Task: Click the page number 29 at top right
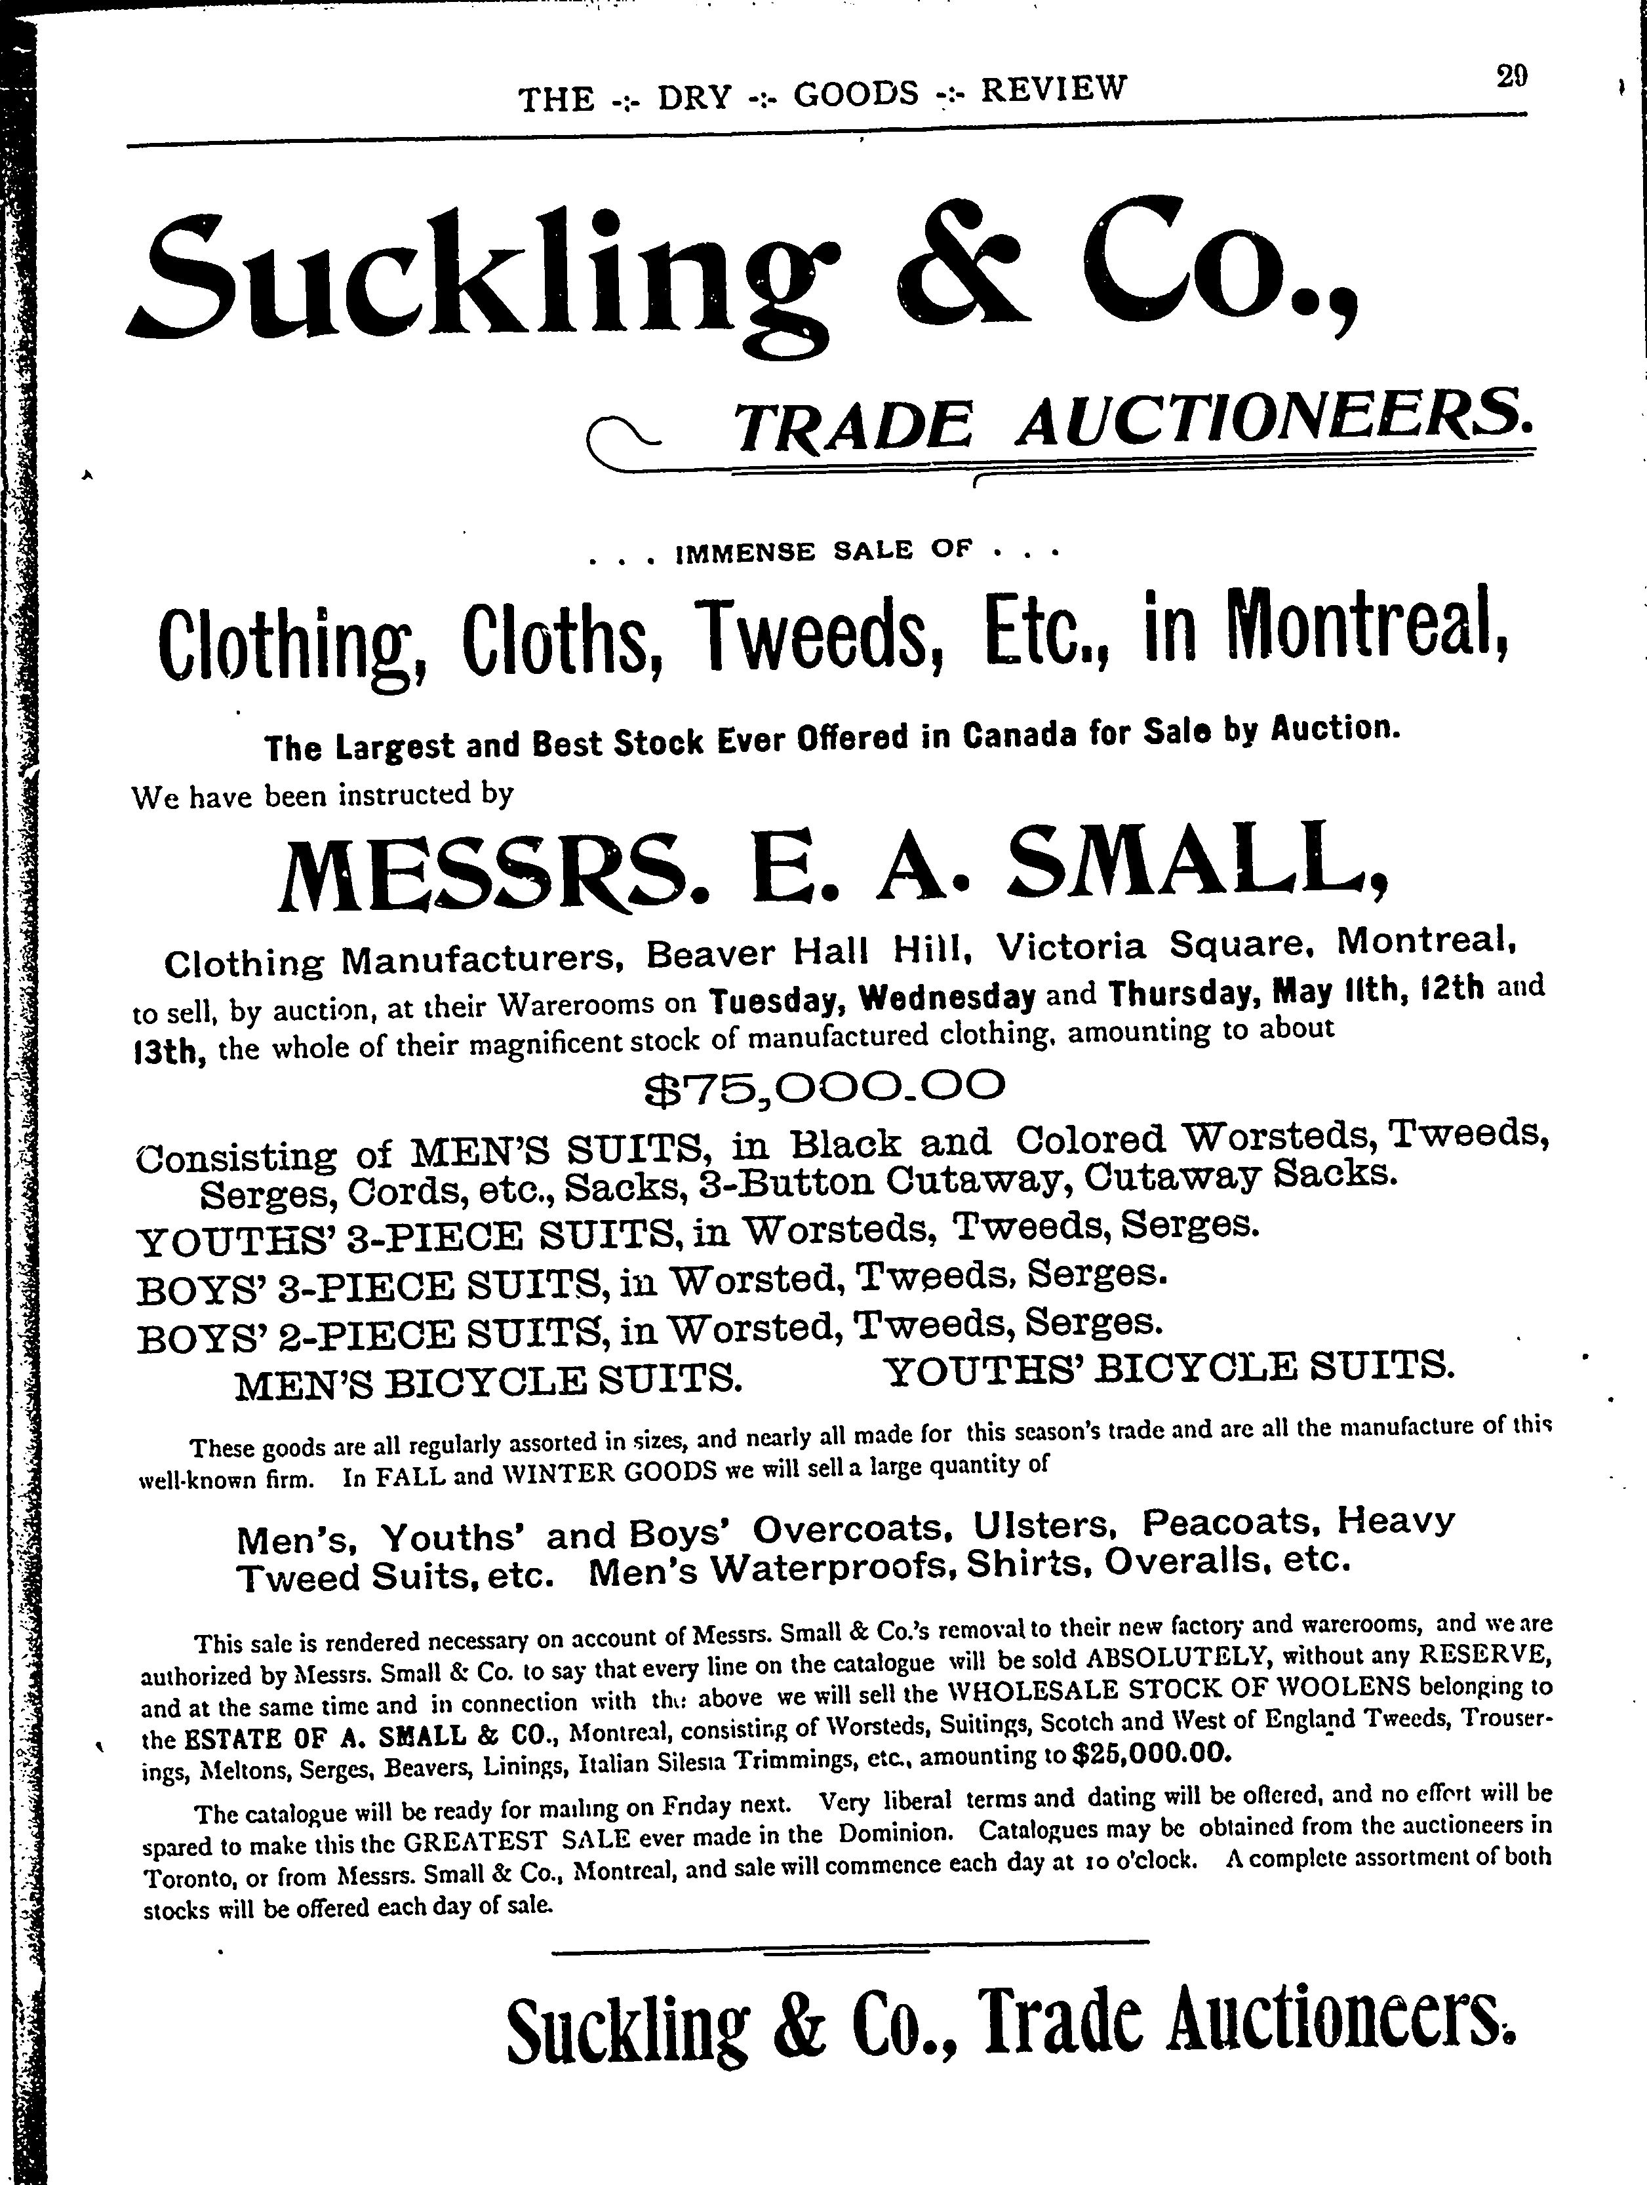[1512, 77]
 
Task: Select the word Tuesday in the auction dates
[776, 1000]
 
